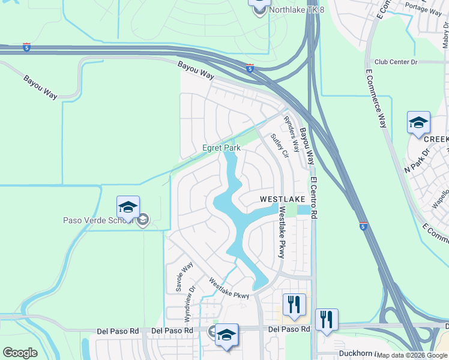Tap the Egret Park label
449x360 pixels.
point(221,148)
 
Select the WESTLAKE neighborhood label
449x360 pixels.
point(282,199)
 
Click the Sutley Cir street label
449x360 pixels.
point(280,145)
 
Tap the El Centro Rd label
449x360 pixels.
point(314,202)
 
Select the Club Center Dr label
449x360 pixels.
point(395,62)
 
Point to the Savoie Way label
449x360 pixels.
point(184,277)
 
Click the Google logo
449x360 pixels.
point(20,353)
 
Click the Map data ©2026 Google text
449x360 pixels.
point(412,355)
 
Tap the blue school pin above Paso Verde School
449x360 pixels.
point(128,208)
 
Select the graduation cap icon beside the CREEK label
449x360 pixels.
point(418,123)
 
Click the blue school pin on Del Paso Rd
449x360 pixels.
point(226,335)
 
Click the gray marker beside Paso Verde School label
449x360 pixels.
point(142,221)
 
